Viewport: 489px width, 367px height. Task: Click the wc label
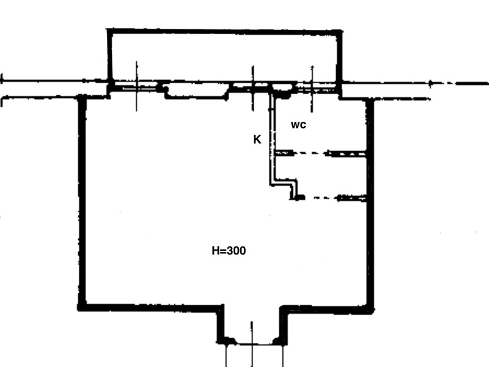pos(298,125)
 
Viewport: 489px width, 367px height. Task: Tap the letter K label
pos(257,139)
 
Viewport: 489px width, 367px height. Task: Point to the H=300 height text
pos(229,251)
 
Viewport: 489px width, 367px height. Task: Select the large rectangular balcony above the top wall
pos(224,56)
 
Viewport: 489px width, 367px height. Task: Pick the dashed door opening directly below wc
pos(309,154)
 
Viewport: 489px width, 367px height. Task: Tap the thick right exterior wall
pos(370,204)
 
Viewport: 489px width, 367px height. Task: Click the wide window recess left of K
pos(196,91)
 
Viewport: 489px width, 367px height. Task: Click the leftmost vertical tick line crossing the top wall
pos(136,86)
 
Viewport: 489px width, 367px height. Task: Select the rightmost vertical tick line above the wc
pos(312,89)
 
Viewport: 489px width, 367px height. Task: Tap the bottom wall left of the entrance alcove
pos(150,308)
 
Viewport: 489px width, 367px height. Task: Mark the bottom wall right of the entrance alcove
pos(328,310)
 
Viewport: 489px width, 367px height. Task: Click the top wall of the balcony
pos(224,32)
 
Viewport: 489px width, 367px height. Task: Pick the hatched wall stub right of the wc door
pos(345,154)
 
